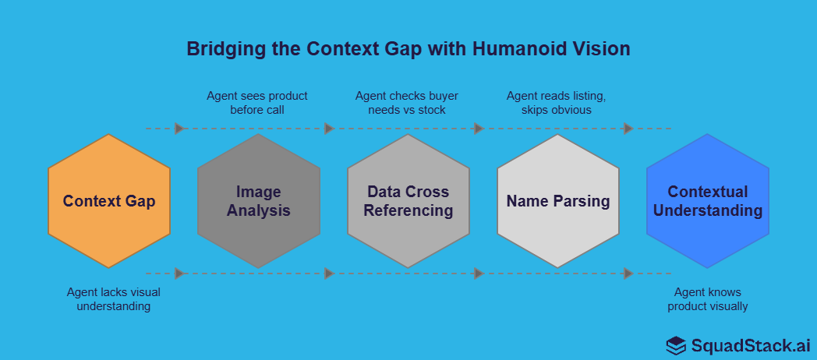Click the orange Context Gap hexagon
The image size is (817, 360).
pyautogui.click(x=109, y=201)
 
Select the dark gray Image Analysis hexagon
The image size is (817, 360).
pyautogui.click(x=259, y=201)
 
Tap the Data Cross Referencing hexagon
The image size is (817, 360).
pyautogui.click(x=408, y=201)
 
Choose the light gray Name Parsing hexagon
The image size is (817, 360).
pyautogui.click(x=558, y=201)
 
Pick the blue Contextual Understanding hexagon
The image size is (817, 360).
pyautogui.click(x=708, y=201)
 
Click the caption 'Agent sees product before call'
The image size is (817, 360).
pyautogui.click(x=257, y=103)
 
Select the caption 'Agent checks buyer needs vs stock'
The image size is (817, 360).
pyautogui.click(x=407, y=103)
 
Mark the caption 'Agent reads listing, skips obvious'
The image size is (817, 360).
pyautogui.click(x=556, y=103)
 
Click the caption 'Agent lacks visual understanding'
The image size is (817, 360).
pyautogui.click(x=108, y=299)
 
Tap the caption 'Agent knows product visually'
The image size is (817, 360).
pyautogui.click(x=708, y=299)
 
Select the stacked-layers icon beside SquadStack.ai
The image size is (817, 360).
pyautogui.click(x=676, y=345)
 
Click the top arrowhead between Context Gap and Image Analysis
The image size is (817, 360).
pyautogui.click(x=179, y=129)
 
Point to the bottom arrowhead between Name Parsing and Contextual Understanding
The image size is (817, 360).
pyautogui.click(x=628, y=274)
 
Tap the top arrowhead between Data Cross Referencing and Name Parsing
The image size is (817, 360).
pyautogui.click(x=479, y=129)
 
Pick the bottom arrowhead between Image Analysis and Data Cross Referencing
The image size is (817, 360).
pyautogui.click(x=329, y=274)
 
